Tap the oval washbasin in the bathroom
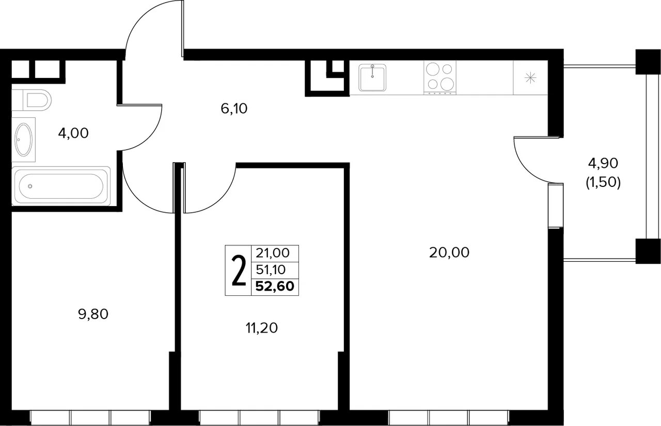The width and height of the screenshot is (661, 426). coord(24,139)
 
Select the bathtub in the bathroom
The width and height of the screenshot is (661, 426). coord(61,186)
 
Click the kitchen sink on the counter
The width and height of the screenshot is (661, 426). coord(372,77)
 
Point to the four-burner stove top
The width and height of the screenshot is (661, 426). coord(440,77)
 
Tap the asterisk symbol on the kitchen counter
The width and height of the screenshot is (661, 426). coord(530,78)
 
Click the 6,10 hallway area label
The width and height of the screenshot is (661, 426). coord(234,108)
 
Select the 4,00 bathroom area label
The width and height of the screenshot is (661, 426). coord(73,133)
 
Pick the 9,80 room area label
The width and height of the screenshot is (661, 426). coord(93,314)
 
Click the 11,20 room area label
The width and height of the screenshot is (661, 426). coord(262,328)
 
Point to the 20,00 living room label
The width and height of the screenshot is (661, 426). coord(449,253)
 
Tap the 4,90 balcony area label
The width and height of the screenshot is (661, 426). coord(603,163)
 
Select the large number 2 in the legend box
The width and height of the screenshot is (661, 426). coord(239,271)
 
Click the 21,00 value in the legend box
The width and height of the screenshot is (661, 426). coord(273,253)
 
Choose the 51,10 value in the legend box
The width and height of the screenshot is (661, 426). coord(271,270)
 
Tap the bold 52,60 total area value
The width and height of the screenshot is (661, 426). coord(275,286)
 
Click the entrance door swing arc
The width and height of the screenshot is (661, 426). coord(141,18)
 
